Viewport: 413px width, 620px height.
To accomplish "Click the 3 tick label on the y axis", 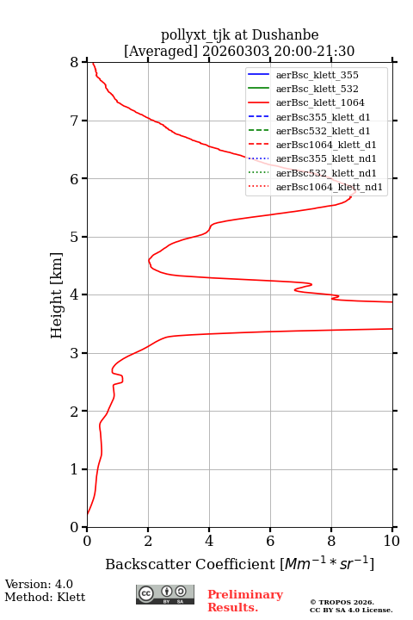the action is pos(74,353).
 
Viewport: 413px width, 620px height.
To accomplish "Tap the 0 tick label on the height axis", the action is pos(74,527).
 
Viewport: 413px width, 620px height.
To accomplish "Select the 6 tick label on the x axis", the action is pos(270,541).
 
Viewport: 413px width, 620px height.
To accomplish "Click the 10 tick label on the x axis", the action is pos(391,541).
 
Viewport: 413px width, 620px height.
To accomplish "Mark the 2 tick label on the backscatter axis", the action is pos(148,541).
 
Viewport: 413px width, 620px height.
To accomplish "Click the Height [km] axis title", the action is pos(56,295).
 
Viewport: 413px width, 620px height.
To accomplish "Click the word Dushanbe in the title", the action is pos(285,35).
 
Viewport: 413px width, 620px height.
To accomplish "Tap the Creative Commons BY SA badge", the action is pos(165,594).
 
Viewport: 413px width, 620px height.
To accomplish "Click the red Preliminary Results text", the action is pos(245,601).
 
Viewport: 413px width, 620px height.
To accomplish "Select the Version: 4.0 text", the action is pos(39,584).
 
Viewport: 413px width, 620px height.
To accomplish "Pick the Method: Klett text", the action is pos(45,597).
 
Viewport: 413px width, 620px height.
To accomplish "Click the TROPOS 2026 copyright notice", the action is pos(351,605).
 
